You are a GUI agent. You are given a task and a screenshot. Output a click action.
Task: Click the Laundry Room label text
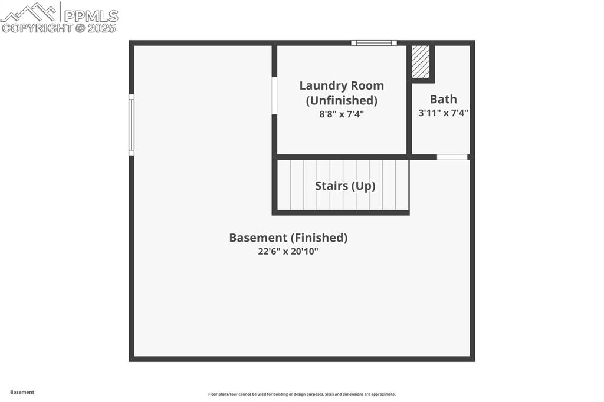342,86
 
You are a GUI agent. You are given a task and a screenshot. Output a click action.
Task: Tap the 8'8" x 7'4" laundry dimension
342,114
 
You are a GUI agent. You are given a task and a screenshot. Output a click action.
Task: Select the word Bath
443,99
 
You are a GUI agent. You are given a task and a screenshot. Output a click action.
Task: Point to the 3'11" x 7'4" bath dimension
443,113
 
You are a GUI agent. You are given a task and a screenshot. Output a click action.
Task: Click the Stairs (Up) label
345,186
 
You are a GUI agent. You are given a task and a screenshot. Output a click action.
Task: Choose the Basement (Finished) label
288,238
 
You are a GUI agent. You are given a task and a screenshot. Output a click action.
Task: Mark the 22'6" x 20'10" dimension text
288,252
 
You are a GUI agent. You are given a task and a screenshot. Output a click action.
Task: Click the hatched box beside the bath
421,61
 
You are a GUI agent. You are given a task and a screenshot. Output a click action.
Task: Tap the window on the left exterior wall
132,125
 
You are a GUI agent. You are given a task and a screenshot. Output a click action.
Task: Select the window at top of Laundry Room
374,43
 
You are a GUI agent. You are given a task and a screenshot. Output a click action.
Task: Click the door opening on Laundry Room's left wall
274,95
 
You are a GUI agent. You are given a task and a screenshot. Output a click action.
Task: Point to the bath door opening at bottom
452,157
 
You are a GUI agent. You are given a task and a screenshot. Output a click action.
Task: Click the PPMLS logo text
90,15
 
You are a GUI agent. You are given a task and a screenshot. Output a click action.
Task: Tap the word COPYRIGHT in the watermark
37,28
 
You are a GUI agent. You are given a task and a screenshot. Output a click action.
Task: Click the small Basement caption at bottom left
22,392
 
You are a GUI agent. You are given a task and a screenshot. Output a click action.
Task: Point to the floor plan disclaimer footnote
301,394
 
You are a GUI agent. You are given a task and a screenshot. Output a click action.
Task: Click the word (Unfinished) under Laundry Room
342,100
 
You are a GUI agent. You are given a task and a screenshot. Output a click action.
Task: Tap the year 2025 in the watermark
102,28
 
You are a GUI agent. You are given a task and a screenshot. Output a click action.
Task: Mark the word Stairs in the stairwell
331,186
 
